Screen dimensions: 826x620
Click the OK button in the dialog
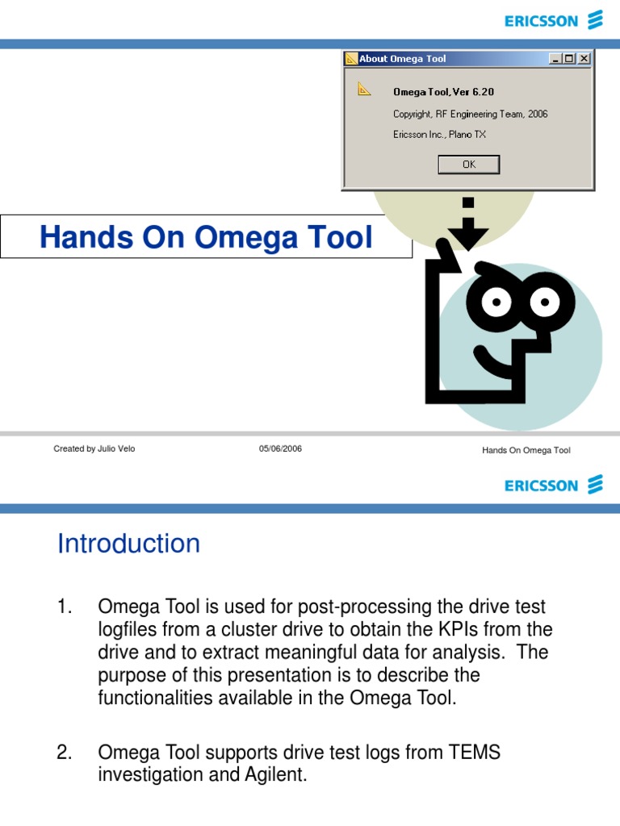[x=469, y=165]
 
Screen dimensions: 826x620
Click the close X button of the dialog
[x=584, y=59]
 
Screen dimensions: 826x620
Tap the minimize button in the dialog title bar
[x=556, y=59]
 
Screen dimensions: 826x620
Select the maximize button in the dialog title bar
[x=570, y=59]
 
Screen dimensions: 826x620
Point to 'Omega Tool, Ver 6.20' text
[x=443, y=92]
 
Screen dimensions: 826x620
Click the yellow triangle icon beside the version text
[x=364, y=90]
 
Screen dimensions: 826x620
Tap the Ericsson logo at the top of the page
[x=553, y=20]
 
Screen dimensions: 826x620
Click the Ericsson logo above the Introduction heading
[x=553, y=485]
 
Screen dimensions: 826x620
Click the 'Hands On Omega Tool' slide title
[x=207, y=238]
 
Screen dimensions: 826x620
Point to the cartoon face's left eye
[x=497, y=302]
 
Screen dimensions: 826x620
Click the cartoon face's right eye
[x=546, y=302]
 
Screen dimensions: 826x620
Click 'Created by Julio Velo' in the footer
[x=94, y=449]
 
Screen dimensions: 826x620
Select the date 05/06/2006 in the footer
[x=280, y=449]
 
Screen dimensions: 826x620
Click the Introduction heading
[x=128, y=544]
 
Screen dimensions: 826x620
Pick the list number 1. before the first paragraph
[x=65, y=606]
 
